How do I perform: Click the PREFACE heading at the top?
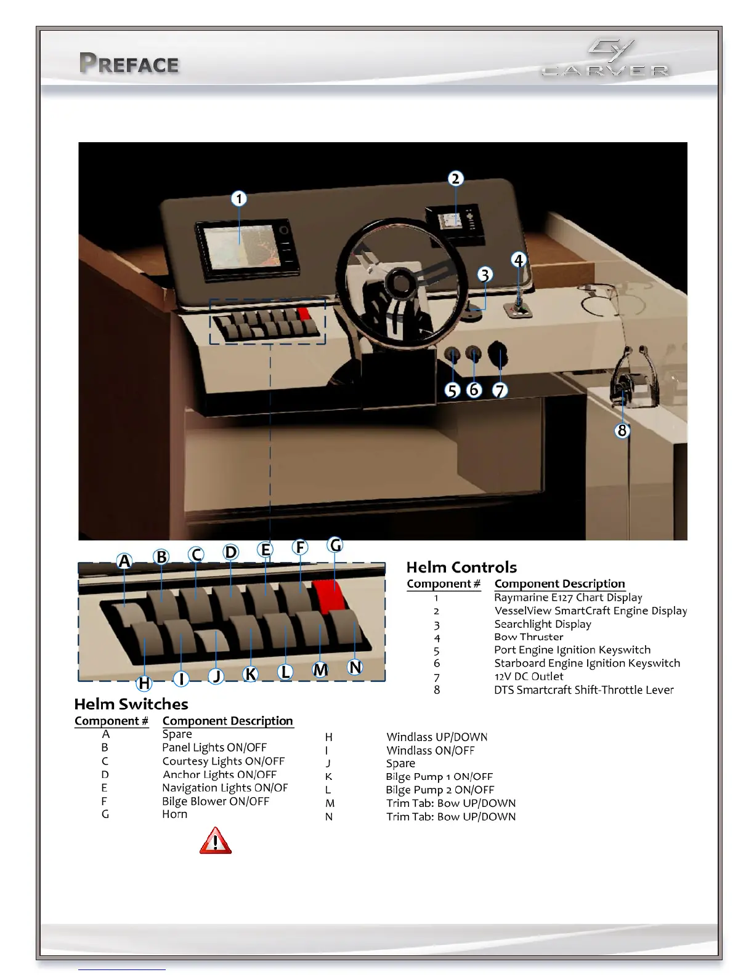click(129, 64)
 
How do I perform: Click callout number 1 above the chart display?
click(239, 199)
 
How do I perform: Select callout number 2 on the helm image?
click(455, 179)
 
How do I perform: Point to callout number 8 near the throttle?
click(622, 430)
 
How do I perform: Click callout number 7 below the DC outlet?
click(500, 390)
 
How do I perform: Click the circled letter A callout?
click(124, 561)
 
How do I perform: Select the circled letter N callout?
click(355, 667)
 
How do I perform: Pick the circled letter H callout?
click(144, 683)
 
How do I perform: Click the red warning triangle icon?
click(215, 841)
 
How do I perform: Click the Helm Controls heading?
click(461, 567)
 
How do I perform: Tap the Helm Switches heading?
click(131, 704)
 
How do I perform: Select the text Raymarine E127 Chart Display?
click(568, 597)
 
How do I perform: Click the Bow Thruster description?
click(529, 637)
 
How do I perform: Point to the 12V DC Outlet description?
click(529, 676)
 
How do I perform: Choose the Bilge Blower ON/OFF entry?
click(216, 801)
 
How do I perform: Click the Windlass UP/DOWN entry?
click(437, 737)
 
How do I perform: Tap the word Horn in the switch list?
click(174, 814)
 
